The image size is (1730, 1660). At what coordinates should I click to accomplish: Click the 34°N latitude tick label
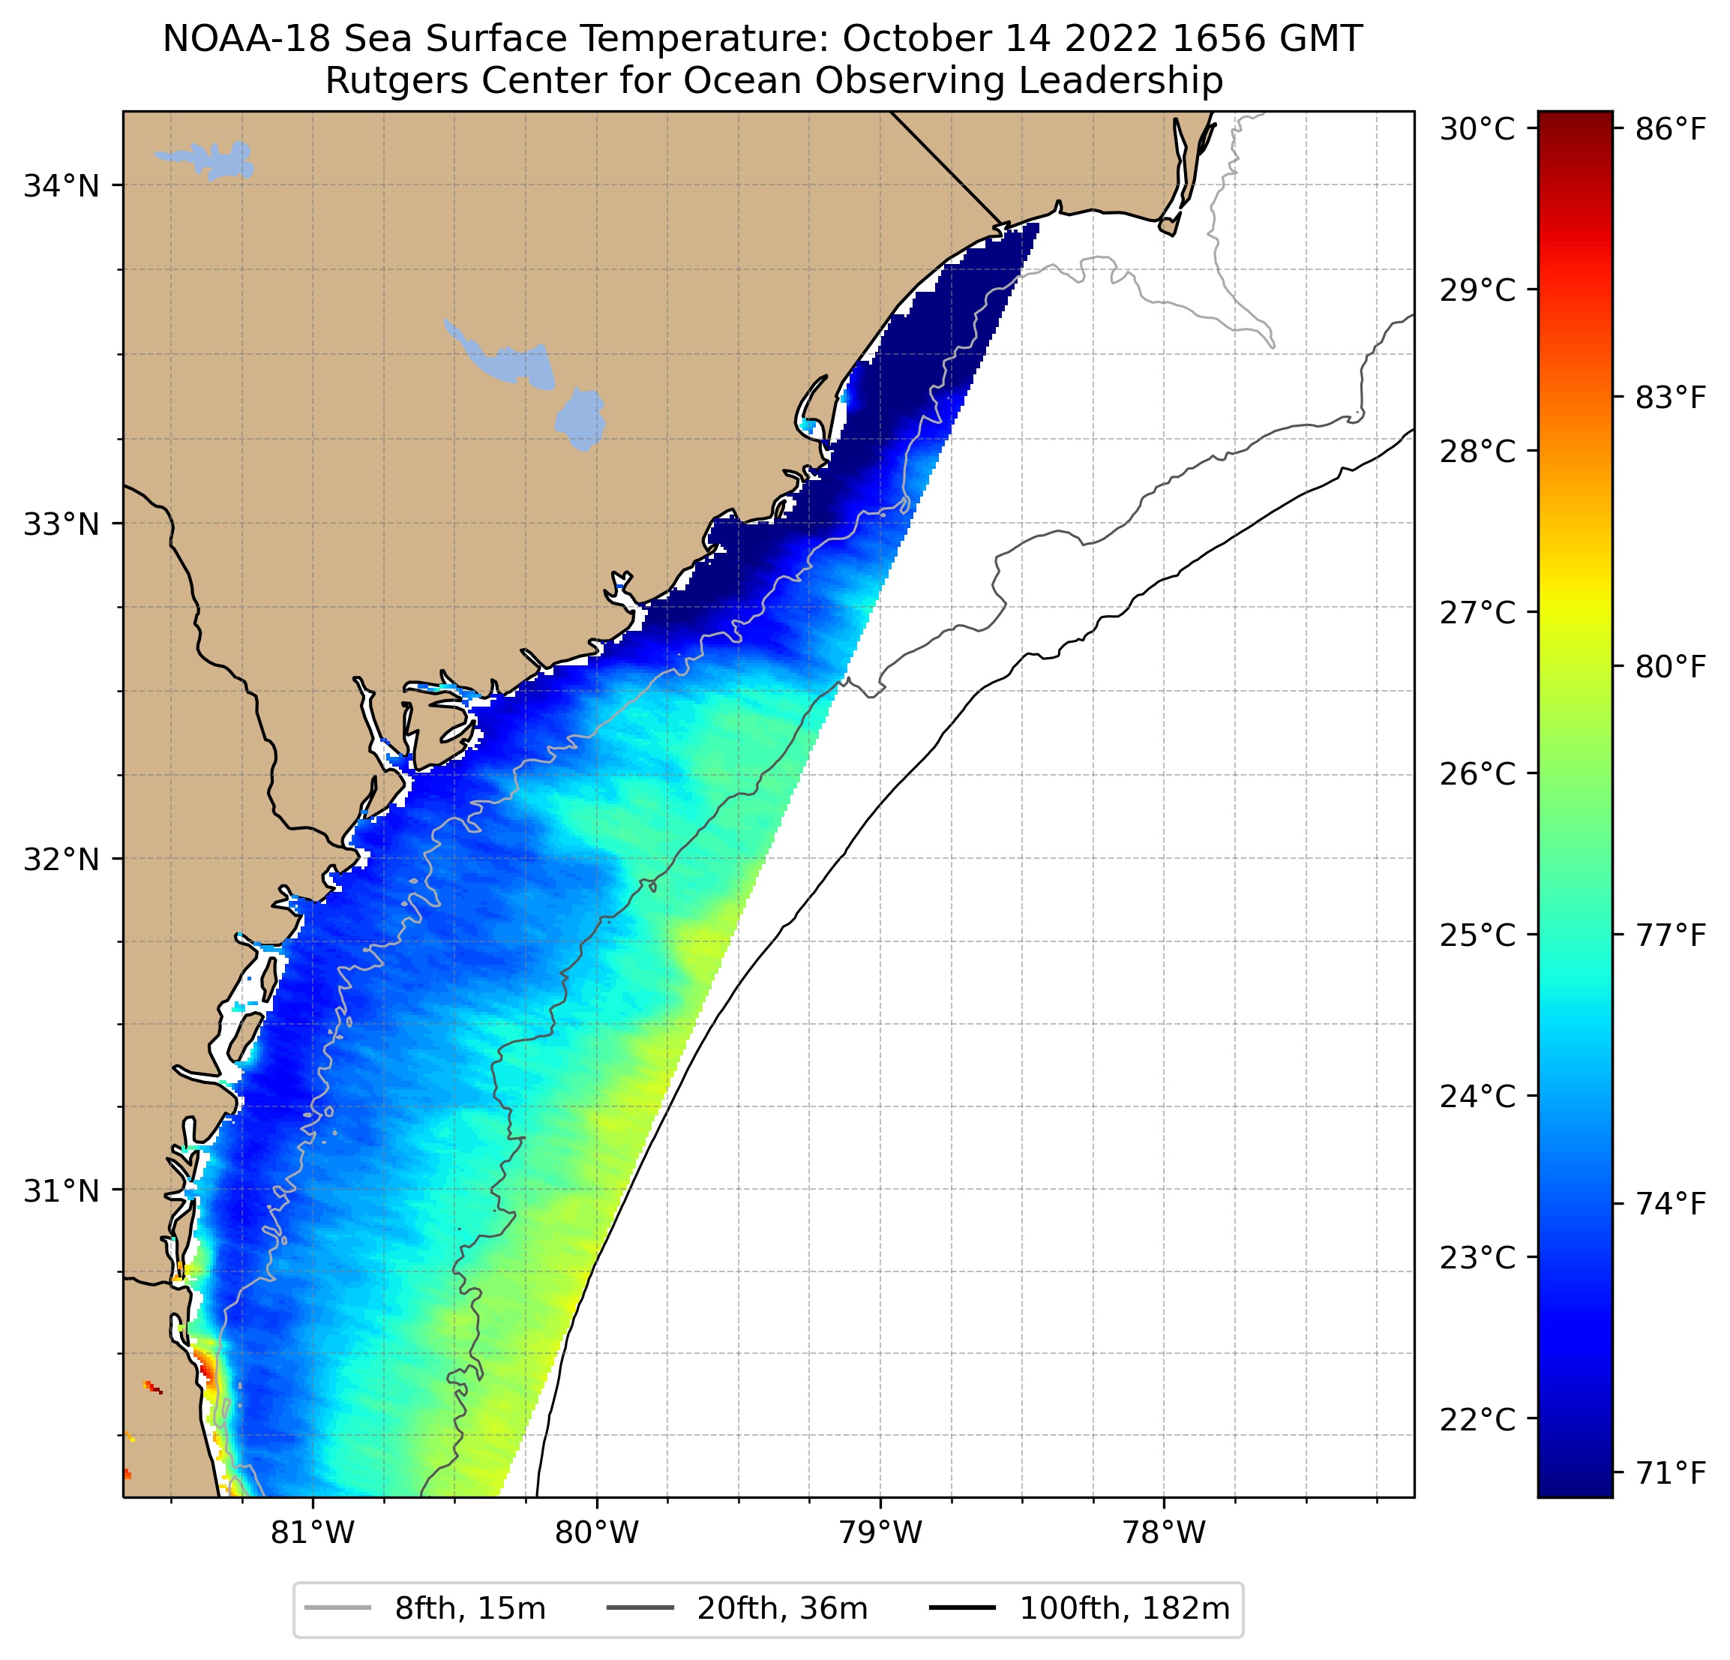point(61,186)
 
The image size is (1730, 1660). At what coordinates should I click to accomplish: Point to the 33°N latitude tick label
point(61,524)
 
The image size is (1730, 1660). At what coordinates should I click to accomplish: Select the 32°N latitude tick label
point(61,858)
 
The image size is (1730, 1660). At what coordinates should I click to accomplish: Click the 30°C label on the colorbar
point(1477,129)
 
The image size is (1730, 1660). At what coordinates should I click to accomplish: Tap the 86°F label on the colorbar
point(1671,129)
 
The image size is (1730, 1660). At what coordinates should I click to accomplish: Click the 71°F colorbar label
point(1671,1472)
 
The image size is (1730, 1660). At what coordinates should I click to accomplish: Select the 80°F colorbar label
point(1671,667)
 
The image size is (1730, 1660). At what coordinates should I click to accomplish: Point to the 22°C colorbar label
point(1477,1419)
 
